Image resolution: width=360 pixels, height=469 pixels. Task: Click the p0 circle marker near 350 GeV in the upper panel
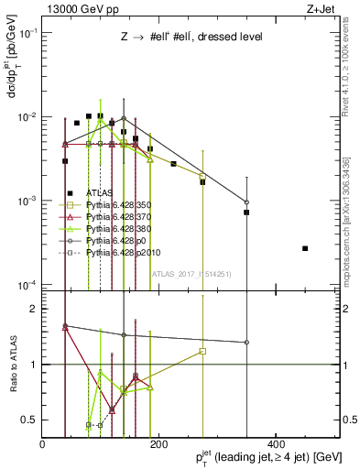click(246, 202)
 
